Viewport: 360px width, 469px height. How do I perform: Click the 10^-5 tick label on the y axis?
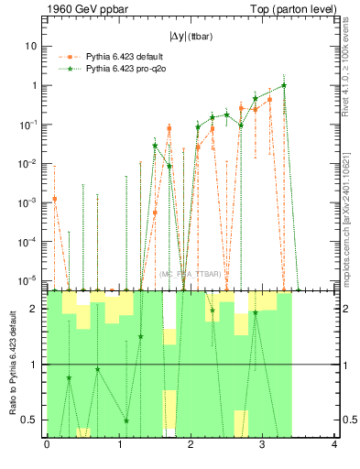(27, 280)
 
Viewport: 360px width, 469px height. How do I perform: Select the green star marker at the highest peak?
(285, 85)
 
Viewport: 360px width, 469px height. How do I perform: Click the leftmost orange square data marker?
(54, 199)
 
